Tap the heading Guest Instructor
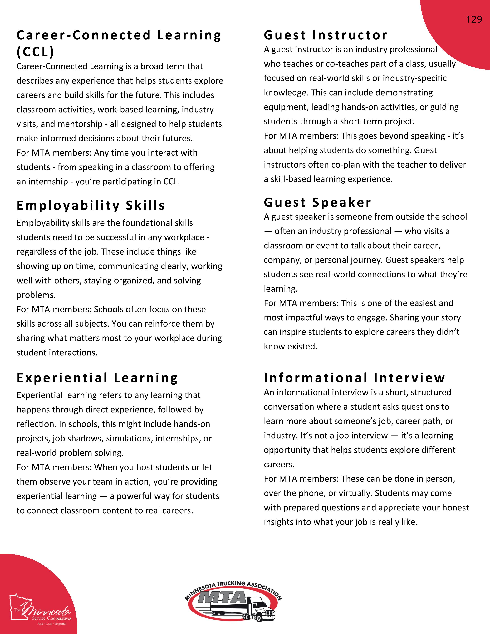point(325,35)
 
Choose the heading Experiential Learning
point(97,378)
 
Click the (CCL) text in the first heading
point(35,52)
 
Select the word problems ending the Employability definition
point(36,295)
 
